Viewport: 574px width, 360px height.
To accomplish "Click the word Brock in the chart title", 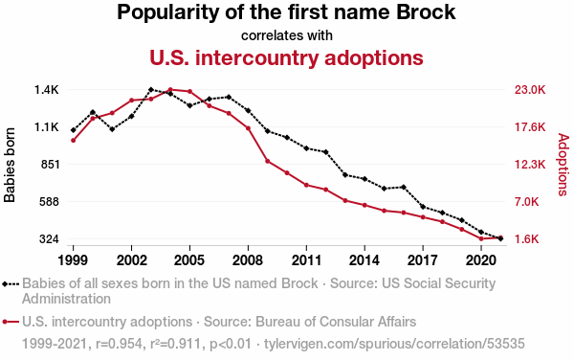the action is click(x=426, y=12).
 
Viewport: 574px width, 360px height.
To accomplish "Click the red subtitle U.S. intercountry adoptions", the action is click(x=286, y=57).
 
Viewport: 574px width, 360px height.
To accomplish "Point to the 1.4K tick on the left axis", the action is click(x=47, y=90).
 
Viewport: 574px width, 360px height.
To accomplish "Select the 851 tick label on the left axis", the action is click(x=50, y=165).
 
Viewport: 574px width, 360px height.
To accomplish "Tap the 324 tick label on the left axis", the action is click(x=50, y=239).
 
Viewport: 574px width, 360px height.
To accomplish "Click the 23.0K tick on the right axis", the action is click(x=530, y=90).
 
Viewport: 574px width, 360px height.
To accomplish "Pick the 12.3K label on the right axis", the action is click(x=530, y=165).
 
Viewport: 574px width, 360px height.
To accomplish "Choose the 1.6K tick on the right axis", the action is click(x=527, y=239).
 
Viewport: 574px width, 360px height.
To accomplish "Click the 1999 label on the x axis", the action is click(x=73, y=260).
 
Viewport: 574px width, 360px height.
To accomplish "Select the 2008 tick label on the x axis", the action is click(x=248, y=260).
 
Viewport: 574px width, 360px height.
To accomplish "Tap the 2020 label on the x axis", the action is click(x=481, y=260).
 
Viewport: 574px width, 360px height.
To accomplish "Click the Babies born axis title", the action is click(x=10, y=165).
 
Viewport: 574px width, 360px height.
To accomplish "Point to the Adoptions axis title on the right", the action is click(x=563, y=165).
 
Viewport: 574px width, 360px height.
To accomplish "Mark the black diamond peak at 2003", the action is click(x=151, y=89).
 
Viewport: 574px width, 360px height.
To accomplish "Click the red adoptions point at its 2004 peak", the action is click(x=170, y=89).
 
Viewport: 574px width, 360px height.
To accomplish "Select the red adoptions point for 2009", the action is click(x=268, y=161).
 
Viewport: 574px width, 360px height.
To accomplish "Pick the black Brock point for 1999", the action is click(x=74, y=130).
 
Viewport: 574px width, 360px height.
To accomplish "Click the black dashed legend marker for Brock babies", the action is click(x=11, y=283).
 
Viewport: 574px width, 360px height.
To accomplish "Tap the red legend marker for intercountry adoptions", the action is click(x=11, y=322).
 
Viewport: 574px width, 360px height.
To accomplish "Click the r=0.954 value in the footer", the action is click(x=119, y=344).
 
